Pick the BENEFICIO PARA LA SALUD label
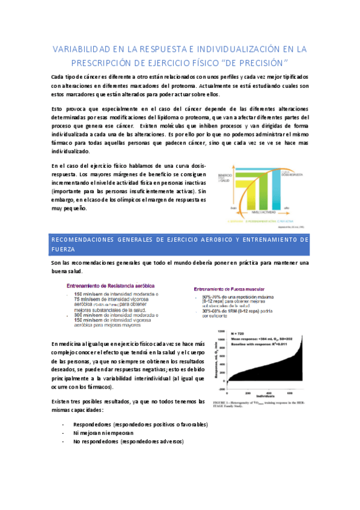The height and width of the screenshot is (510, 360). click(x=225, y=179)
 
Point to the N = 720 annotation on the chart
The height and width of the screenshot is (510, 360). click(x=239, y=333)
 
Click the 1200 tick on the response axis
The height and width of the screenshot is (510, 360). click(x=221, y=331)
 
